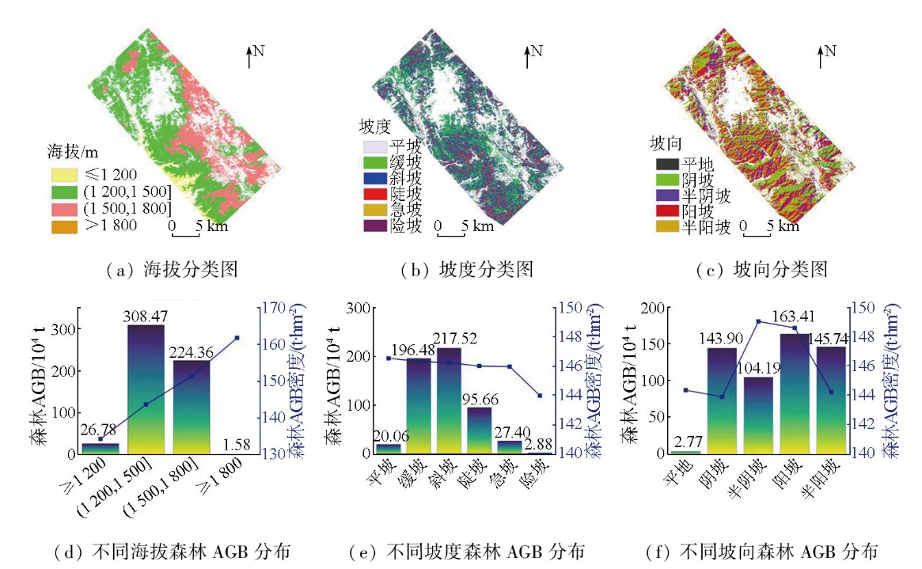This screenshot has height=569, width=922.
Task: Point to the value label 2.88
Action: point(540,444)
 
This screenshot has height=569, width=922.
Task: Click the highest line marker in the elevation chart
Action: point(237,338)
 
